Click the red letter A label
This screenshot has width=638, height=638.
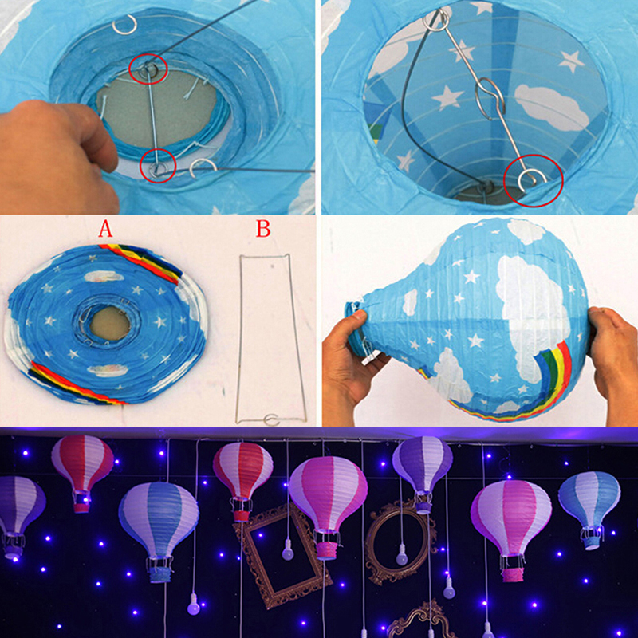(x=105, y=229)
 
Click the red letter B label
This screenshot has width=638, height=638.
(x=263, y=229)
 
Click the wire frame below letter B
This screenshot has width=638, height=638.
(x=240, y=337)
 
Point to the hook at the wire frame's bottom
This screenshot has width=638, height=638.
(x=271, y=419)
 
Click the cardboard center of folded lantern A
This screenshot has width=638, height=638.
(x=110, y=324)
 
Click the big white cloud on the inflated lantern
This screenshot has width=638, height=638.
(x=529, y=309)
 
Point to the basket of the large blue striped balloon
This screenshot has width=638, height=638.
(x=159, y=570)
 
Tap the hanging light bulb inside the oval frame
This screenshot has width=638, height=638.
(x=402, y=554)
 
